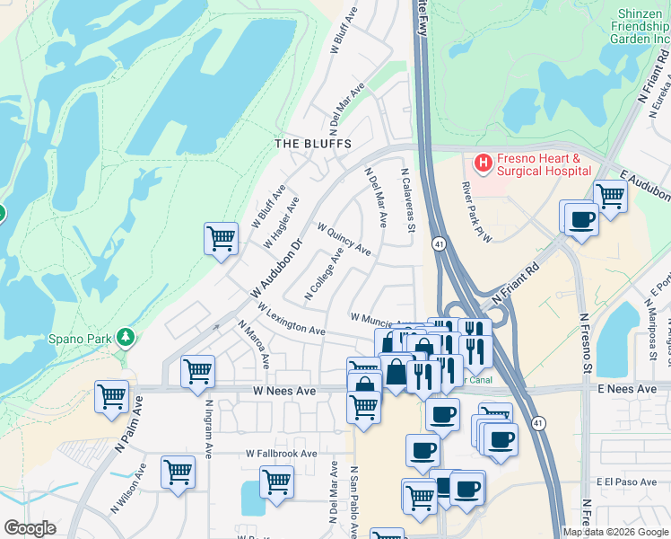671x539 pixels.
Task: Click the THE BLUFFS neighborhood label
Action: coord(312,144)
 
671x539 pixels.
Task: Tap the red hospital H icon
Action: coord(484,163)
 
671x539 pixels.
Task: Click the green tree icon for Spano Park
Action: coord(126,337)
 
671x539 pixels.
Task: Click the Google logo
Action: coord(29,528)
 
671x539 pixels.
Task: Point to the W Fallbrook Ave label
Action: coord(283,455)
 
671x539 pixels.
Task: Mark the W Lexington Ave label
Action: coord(290,319)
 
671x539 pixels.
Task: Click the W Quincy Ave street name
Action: coord(343,240)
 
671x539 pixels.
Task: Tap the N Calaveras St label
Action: coord(409,203)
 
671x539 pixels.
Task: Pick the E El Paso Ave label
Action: coord(625,482)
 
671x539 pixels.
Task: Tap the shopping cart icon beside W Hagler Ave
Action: coord(221,238)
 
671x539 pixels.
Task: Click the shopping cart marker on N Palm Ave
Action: coord(111,396)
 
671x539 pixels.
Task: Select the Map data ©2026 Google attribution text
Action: coord(615,532)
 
